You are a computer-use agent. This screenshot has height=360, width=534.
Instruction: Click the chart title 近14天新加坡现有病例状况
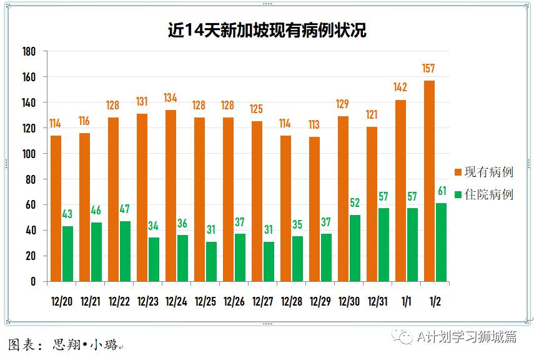[x=267, y=30]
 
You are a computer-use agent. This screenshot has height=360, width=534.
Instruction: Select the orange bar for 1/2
[x=429, y=181]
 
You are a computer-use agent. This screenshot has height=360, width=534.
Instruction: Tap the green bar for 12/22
[x=125, y=251]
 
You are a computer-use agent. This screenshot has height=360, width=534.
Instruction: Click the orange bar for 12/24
[x=171, y=196]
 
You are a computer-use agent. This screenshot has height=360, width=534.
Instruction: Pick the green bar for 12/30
[x=355, y=248]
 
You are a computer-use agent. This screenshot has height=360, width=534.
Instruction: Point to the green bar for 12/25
[x=211, y=261]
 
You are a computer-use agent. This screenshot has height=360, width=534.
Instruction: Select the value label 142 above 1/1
[x=400, y=87]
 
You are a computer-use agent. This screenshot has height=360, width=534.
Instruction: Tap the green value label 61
[x=441, y=191]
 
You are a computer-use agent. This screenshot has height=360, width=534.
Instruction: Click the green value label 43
[x=67, y=214]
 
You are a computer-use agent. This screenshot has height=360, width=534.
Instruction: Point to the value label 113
[x=314, y=124]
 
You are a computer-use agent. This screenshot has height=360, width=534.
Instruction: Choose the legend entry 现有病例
[x=484, y=172]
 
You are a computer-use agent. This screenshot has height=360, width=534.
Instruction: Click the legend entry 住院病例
[x=484, y=194]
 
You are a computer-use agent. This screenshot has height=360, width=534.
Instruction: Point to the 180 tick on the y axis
[x=28, y=51]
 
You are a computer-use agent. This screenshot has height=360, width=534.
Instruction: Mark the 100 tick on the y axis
[x=28, y=154]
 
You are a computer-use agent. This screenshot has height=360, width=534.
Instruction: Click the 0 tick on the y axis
[x=33, y=282]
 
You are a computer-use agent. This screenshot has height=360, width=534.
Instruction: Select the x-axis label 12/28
[x=292, y=301]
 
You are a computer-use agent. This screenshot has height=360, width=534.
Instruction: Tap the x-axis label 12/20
[x=62, y=301]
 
